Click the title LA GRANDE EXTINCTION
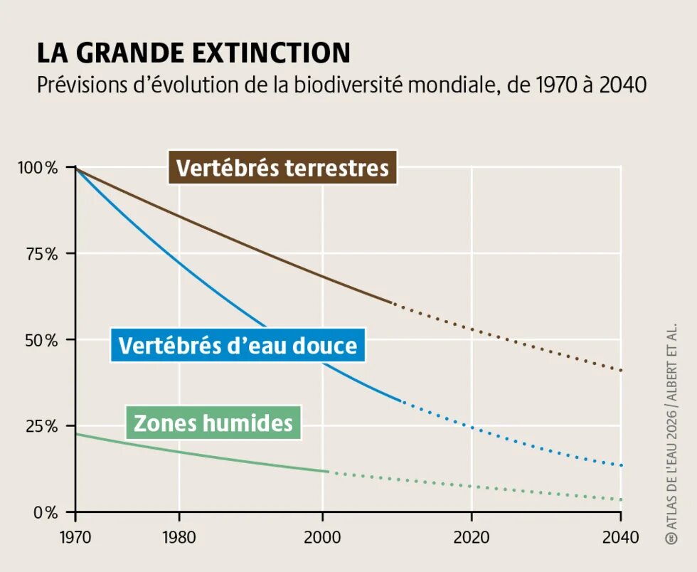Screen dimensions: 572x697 pos(193,53)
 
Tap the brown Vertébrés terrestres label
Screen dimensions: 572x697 pos(282,168)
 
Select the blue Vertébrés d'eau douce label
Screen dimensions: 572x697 pos(238,346)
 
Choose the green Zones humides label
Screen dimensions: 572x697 pos(213,423)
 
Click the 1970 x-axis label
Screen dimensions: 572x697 pos(75,536)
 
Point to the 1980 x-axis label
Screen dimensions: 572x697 pos(179,536)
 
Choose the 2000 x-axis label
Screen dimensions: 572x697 pos(322,536)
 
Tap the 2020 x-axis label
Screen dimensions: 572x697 pos(472,536)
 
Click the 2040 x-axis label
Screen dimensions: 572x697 pos(621,536)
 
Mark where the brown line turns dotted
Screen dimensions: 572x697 pos(393,304)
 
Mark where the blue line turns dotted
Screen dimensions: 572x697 pos(403,402)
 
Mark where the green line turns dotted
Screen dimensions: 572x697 pos(329,472)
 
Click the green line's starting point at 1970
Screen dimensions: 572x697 pos(76,434)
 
